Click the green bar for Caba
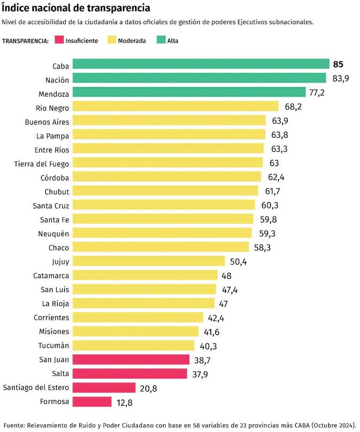coord(201,64)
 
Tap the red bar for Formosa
coord(92,402)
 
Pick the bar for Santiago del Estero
coord(104,387)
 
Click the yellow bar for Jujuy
coord(150,261)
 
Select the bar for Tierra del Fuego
coord(168,163)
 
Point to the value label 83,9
coord(340,79)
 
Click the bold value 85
coord(338,65)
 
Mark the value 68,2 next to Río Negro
coord(293,107)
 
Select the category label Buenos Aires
coord(47,122)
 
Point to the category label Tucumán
coord(54,345)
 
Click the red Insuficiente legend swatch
coord(59,40)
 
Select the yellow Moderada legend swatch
coord(111,40)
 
